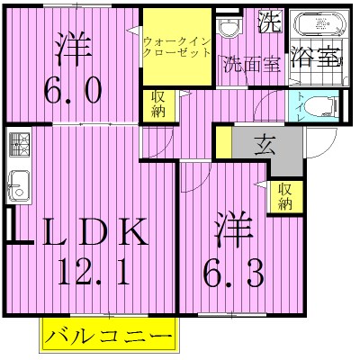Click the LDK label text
click(90, 234)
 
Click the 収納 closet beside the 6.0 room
click(158, 103)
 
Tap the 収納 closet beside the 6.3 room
click(285, 195)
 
